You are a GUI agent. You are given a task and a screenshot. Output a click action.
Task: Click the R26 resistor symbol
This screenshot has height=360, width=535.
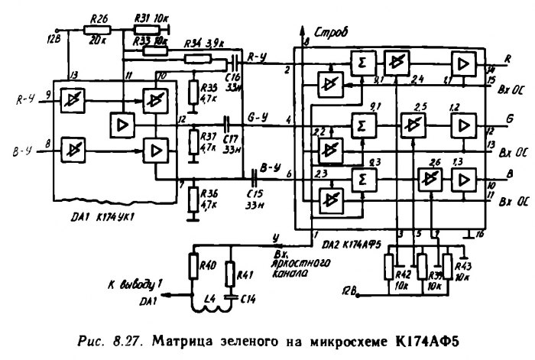(x=99, y=29)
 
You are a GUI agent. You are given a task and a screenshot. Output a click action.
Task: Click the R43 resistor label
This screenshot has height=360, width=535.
(x=462, y=265)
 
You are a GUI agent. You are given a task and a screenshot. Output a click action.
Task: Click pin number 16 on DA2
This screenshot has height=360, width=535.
(x=480, y=232)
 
